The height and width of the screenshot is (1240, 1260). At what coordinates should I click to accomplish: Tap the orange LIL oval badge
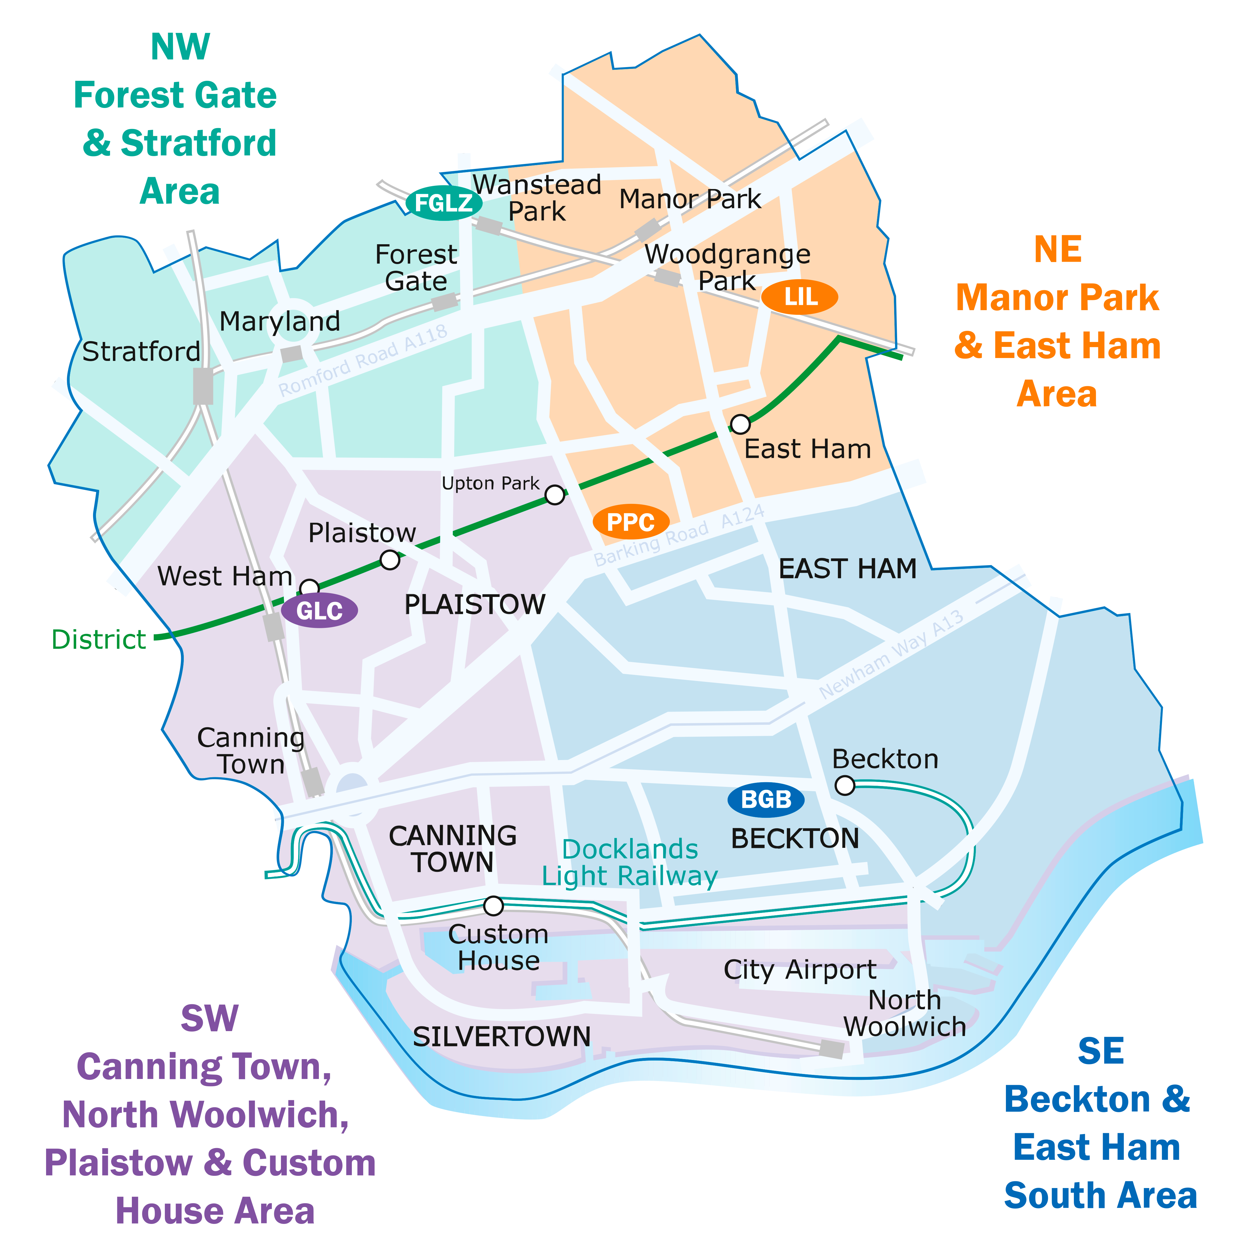click(800, 297)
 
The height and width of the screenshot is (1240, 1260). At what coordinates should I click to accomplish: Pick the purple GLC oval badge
click(319, 611)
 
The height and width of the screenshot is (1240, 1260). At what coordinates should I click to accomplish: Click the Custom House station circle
click(494, 905)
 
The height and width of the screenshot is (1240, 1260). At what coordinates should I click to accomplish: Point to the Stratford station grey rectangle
click(203, 386)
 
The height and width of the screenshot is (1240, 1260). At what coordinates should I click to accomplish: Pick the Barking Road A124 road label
click(679, 535)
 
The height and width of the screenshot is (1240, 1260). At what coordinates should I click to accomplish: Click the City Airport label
click(800, 969)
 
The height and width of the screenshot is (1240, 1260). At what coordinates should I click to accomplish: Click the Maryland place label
click(280, 321)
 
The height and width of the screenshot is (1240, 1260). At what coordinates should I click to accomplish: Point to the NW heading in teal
click(180, 47)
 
